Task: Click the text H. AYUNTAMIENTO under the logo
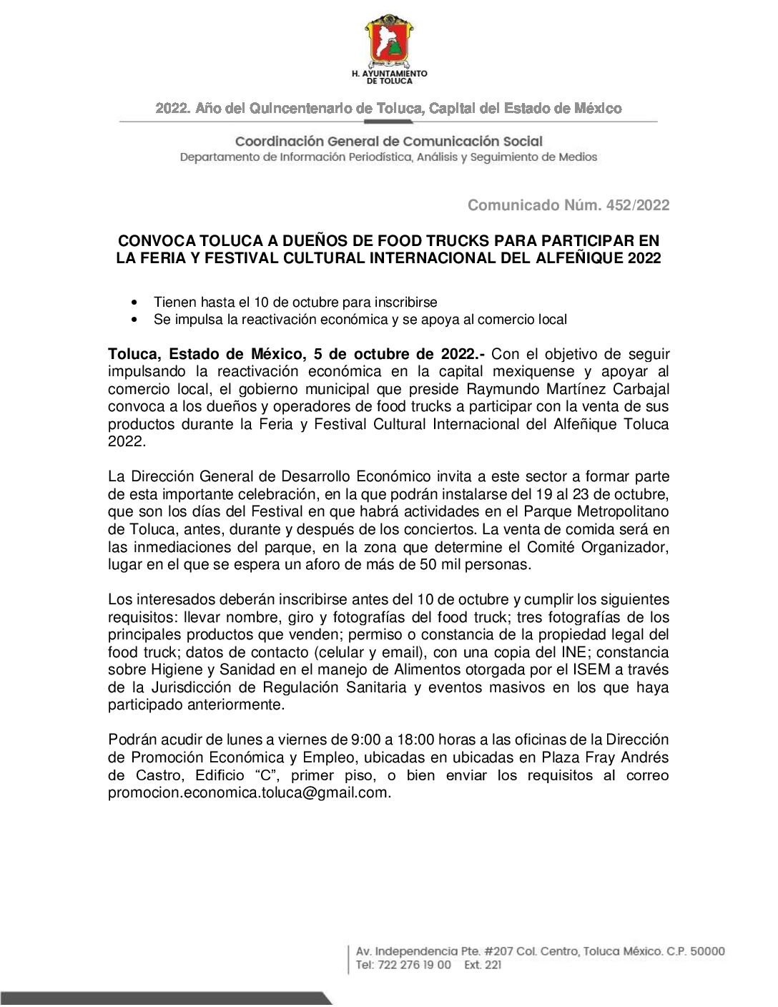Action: click(389, 73)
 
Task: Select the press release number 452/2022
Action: click(638, 205)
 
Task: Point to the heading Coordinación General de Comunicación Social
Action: click(389, 142)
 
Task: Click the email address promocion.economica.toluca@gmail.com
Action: click(250, 792)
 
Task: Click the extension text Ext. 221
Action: click(483, 965)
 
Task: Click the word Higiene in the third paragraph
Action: click(177, 669)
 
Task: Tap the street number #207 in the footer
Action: click(498, 951)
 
